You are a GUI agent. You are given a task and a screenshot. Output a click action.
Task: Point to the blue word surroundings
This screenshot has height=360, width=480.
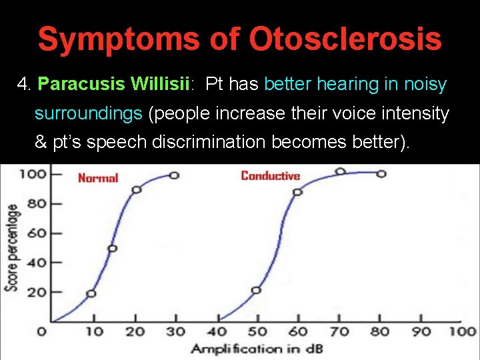point(88,113)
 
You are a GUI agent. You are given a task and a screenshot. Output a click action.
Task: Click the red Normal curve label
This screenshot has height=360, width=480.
point(98,178)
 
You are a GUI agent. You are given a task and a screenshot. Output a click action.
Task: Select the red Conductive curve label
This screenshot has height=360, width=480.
point(270,176)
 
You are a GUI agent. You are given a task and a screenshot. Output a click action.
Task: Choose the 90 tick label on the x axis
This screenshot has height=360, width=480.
point(422,331)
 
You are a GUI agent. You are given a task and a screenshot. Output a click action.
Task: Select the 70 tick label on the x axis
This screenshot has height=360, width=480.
point(340,331)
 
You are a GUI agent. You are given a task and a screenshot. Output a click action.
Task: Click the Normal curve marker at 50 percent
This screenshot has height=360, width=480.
point(112,248)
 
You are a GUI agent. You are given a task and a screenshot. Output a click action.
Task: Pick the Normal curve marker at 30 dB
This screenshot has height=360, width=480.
point(173,175)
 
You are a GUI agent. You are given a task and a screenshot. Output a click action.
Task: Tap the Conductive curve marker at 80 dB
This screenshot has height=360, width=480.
point(381,174)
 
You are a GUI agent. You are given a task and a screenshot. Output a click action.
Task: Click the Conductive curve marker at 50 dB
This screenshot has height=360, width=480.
point(256,290)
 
